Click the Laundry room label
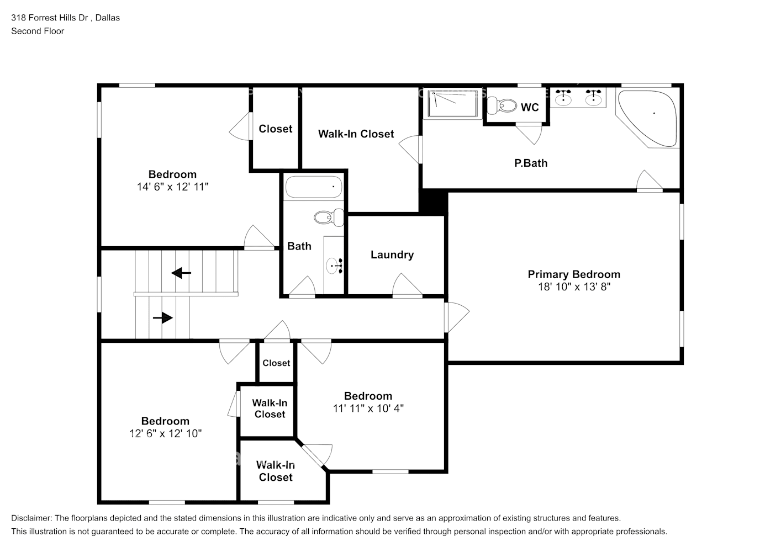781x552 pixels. [x=392, y=254]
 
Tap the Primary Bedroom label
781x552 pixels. [x=573, y=274]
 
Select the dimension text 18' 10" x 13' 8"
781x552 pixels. [x=573, y=287]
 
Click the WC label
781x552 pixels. [x=529, y=107]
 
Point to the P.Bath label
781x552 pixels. [x=530, y=163]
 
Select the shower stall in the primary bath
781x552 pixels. [x=450, y=104]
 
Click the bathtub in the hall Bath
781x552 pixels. [x=313, y=187]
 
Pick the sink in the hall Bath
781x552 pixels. [x=334, y=266]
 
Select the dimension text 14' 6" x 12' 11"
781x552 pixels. [x=172, y=187]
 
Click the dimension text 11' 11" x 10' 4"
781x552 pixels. [x=368, y=408]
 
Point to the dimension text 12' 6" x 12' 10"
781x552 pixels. [x=165, y=434]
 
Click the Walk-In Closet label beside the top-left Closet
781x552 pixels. [x=356, y=134]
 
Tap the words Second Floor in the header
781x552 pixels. [x=38, y=31]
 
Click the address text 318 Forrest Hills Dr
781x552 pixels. [x=50, y=18]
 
